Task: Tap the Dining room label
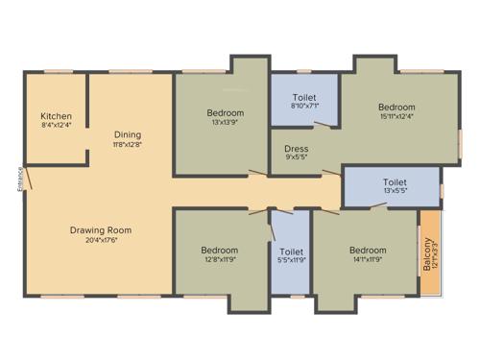[128, 134]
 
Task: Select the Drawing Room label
[100, 230]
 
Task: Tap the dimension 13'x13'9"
[225, 123]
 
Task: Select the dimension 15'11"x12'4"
[396, 117]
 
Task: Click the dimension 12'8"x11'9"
[221, 257]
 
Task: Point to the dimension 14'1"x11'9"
[368, 257]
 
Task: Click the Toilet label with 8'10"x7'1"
[304, 98]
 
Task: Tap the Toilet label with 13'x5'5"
[395, 181]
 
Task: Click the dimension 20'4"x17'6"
[100, 240]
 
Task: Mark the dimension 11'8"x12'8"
[128, 144]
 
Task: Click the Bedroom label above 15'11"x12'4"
[396, 107]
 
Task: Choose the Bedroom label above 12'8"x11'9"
[221, 248]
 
